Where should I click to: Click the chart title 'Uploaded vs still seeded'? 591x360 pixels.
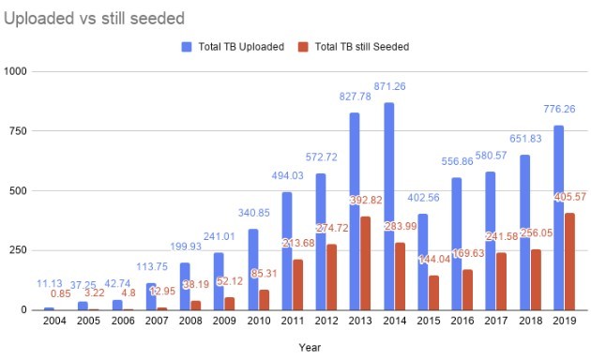(x=94, y=19)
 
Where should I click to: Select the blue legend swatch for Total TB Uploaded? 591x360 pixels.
(x=187, y=47)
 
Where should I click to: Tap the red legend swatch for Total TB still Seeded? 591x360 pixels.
(x=303, y=47)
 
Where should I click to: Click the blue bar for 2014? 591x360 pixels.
(x=389, y=206)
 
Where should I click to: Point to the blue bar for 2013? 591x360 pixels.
(x=355, y=211)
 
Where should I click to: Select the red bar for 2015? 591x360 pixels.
(x=433, y=293)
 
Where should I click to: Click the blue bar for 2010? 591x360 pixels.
(x=253, y=269)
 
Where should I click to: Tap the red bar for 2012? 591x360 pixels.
(x=332, y=277)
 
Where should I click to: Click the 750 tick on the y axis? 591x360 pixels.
(x=19, y=131)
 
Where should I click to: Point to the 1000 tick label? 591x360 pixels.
(x=15, y=71)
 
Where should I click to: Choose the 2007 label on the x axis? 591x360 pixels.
(x=157, y=321)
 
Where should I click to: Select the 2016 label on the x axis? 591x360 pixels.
(x=462, y=321)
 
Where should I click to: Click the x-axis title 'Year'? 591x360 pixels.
(x=310, y=348)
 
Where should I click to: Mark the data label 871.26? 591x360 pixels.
(x=389, y=86)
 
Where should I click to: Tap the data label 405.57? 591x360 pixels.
(x=570, y=197)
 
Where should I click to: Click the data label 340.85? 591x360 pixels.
(x=253, y=213)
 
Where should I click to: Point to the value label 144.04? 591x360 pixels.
(x=434, y=259)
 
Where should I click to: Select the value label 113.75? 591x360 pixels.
(x=152, y=266)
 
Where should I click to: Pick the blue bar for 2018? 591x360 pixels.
(x=524, y=232)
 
